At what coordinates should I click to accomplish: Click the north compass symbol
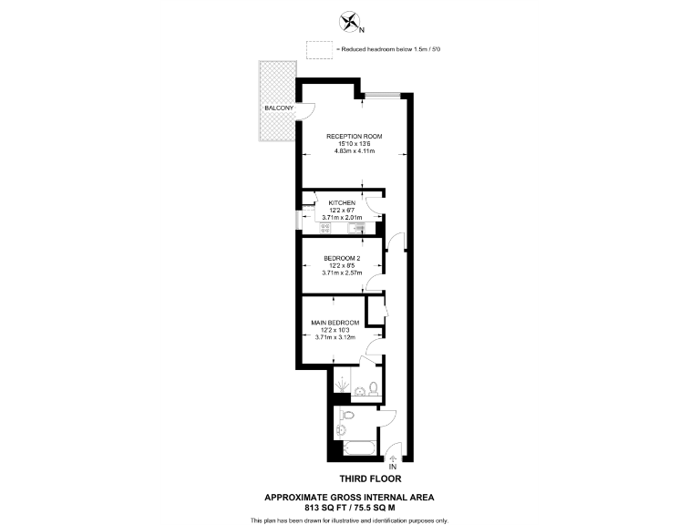pyautogui.click(x=348, y=21)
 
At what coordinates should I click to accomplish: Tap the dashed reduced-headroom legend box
pyautogui.click(x=320, y=49)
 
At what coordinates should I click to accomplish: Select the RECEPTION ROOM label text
pyautogui.click(x=355, y=136)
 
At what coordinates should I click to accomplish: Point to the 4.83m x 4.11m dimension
pyautogui.click(x=355, y=150)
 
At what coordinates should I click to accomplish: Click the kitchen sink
pyautogui.click(x=355, y=228)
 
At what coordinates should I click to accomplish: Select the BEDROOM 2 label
pyautogui.click(x=342, y=258)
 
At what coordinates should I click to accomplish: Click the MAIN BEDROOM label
pyautogui.click(x=335, y=323)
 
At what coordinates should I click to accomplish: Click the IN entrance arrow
pyautogui.click(x=394, y=459)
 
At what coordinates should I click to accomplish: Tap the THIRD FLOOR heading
pyautogui.click(x=370, y=478)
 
